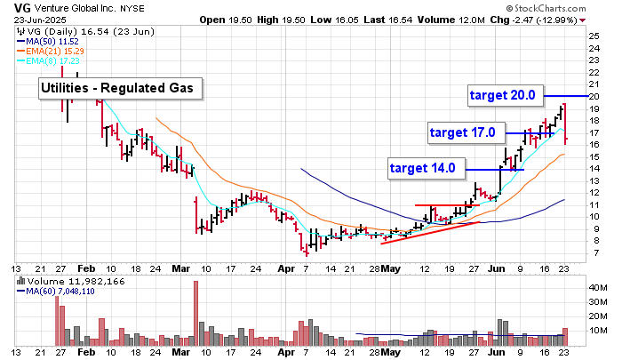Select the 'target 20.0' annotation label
click(x=502, y=94)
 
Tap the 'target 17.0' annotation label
click(x=462, y=132)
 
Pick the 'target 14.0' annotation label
click(x=422, y=167)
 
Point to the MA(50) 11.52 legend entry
click(x=54, y=41)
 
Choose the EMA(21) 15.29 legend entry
click(x=56, y=51)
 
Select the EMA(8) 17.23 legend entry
click(x=53, y=60)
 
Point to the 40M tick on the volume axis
click(x=600, y=289)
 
